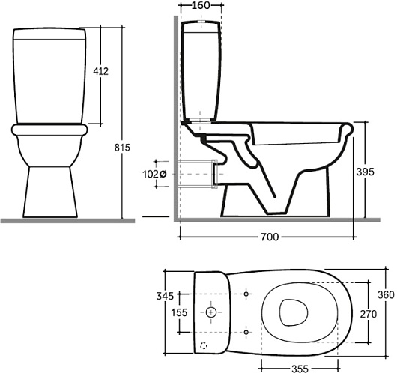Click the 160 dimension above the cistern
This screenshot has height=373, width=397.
[201, 5]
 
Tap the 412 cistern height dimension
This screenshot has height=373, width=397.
[101, 71]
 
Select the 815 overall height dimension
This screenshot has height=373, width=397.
[122, 148]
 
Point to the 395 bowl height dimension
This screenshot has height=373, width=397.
[365, 172]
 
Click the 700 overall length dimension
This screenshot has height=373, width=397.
[270, 237]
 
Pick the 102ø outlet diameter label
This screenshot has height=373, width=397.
[154, 175]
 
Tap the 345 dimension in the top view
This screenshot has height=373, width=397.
[165, 296]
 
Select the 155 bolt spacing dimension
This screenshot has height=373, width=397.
[179, 312]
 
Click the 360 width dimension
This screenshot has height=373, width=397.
[386, 295]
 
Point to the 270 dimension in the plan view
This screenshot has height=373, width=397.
[369, 314]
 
